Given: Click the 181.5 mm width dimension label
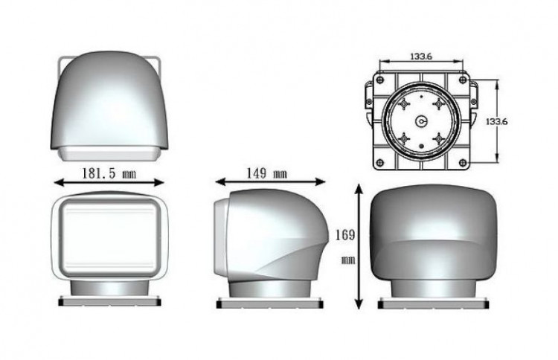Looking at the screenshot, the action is tap(109, 173).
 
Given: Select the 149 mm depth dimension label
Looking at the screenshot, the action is tap(267, 173).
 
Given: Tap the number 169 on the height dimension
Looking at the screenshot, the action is tap(345, 235).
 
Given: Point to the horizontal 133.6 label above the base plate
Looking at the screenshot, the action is tap(421, 57).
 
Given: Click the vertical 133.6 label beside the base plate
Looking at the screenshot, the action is tap(497, 121).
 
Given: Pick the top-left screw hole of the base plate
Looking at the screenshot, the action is tap(380, 80).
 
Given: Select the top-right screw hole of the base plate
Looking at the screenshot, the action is tap(463, 80).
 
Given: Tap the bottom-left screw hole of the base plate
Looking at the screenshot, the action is tap(380, 163).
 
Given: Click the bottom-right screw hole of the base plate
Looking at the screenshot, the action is tap(463, 163).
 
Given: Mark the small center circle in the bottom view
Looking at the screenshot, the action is tap(421, 122).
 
